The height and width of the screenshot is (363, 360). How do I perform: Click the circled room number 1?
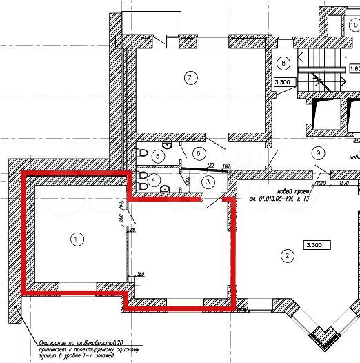[x=77, y=239]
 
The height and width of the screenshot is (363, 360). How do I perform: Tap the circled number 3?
[x=208, y=181]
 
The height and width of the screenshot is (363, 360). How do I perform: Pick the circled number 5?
[x=158, y=157]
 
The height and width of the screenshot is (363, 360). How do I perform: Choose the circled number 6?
[x=197, y=153]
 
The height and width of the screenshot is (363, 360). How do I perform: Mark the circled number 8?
[x=282, y=63]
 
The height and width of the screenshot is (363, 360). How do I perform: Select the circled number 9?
[x=318, y=153]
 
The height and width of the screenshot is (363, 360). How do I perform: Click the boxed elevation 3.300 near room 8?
[x=285, y=82]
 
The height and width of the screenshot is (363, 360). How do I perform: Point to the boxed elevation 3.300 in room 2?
[x=317, y=244]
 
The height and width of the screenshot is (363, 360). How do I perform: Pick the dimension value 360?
[x=141, y=275]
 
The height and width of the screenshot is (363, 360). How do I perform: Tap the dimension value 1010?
[x=321, y=184]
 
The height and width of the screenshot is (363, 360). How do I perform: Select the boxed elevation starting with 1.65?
[x=354, y=69]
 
